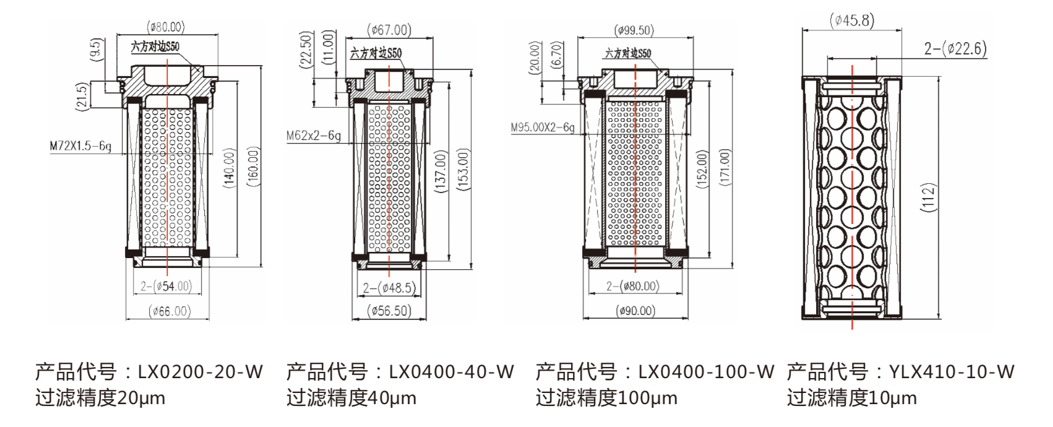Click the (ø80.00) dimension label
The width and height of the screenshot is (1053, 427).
tap(166, 27)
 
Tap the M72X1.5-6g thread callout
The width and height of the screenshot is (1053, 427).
tap(80, 147)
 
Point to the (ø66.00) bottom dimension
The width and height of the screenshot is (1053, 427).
tap(169, 311)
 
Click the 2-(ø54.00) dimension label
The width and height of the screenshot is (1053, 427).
tap(166, 286)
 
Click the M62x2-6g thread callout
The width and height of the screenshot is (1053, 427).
tap(314, 135)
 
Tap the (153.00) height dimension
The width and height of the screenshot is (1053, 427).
tap(465, 169)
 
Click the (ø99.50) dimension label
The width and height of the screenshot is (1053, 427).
tap(635, 30)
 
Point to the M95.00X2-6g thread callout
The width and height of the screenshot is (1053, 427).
tap(543, 127)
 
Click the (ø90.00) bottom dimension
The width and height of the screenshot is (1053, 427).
tap(636, 311)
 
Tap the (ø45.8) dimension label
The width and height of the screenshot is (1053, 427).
tap(852, 21)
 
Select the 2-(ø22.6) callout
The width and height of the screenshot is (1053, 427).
tap(955, 48)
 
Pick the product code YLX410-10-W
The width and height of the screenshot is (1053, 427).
tap(901, 372)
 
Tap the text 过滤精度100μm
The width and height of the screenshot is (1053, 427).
tap(606, 398)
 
